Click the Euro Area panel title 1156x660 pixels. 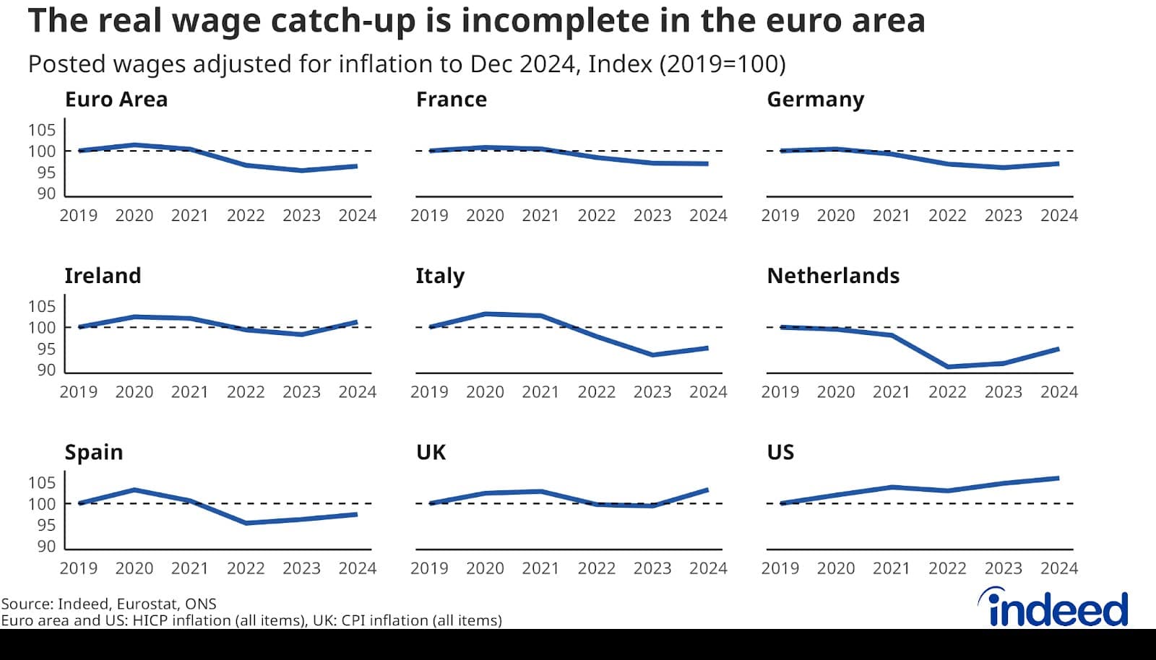116,100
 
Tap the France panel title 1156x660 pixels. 451,100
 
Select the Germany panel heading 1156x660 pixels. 815,100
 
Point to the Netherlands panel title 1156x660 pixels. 832,276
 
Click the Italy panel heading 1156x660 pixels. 439,276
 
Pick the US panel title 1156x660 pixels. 780,452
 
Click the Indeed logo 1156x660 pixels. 1055,608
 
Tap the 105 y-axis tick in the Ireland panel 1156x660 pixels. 42,306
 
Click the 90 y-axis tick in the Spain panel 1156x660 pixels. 46,547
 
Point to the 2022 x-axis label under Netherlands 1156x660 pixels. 946,392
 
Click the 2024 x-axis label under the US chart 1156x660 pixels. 1058,568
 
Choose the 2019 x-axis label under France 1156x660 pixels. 429,216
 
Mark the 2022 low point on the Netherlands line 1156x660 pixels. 947,367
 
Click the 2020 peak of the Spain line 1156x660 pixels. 134,490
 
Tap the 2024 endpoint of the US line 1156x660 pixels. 1058,478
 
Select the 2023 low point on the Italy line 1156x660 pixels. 652,355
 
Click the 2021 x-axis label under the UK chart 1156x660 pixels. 540,568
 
